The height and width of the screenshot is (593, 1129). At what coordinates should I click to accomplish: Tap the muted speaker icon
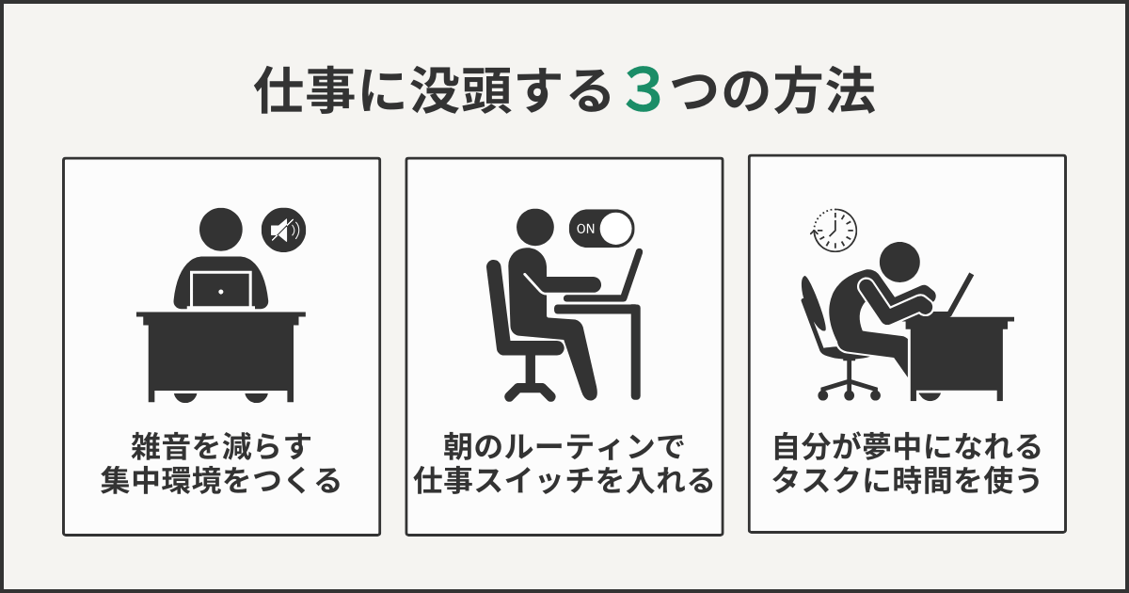point(283,229)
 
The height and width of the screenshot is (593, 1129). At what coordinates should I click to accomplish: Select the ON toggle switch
point(602,228)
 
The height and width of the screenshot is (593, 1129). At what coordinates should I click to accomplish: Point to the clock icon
point(835,230)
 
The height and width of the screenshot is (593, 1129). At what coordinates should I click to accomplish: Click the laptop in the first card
point(221,290)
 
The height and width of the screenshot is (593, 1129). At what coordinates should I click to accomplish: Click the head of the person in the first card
point(221,232)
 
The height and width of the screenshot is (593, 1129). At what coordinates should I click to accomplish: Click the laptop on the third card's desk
point(957,295)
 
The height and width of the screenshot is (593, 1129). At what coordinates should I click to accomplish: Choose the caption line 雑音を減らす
point(221,443)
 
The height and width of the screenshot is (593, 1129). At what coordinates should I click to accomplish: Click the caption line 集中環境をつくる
point(221,482)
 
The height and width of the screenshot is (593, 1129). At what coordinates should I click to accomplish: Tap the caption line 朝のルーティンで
point(564,443)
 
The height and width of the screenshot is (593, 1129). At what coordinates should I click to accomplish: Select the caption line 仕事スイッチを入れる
point(564,482)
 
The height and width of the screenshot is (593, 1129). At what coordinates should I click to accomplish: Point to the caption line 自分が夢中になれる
point(907,443)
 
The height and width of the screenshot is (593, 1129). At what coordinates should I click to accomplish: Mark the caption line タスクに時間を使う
point(907,482)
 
